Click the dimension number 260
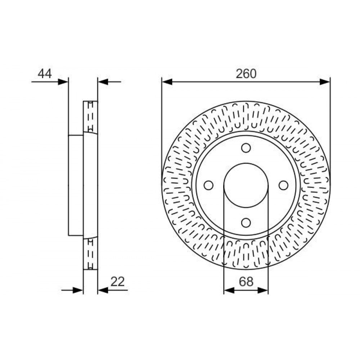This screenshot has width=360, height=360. point(246,74)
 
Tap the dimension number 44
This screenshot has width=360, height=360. point(45,74)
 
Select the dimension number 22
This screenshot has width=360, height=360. point(118,282)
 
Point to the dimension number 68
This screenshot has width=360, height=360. point(246,282)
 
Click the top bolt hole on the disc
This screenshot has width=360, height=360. point(246,148)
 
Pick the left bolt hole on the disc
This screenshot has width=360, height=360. point(208,185)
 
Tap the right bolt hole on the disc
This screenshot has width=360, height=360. point(284,185)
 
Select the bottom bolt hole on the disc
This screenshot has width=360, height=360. point(246,222)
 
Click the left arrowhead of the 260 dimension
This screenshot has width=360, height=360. point(167,82)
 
